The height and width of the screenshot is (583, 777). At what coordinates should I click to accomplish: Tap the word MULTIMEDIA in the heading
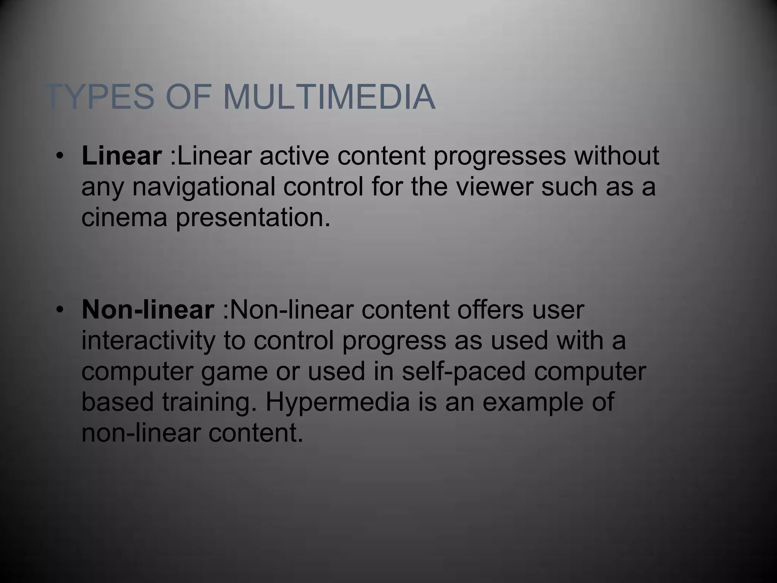329,97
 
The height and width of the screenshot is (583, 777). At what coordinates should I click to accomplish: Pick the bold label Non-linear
148,310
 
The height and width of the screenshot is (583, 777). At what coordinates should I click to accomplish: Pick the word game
234,372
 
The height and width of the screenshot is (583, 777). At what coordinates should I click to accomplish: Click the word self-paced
464,372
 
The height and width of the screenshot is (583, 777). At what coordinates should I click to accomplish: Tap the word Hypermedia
337,403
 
